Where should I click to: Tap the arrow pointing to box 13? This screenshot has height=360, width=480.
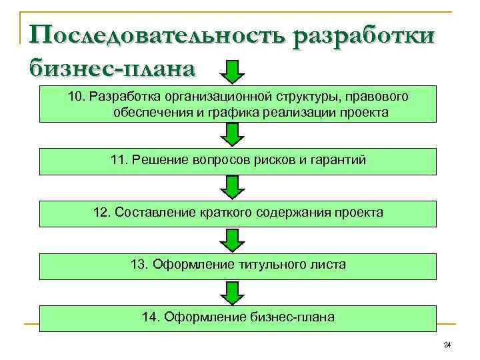coord(233,240)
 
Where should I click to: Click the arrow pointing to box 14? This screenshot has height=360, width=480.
coord(233,292)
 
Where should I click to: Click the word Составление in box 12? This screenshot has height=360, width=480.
coord(155,213)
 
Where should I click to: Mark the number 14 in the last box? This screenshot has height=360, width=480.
coord(149,317)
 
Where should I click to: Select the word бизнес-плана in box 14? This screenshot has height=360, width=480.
coord(293,317)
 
